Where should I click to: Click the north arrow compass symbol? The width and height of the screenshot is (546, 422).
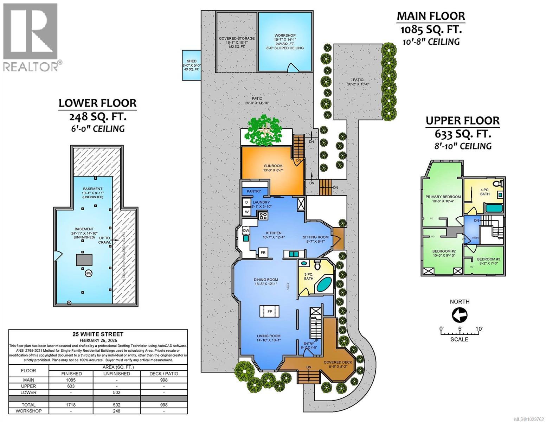[459, 315]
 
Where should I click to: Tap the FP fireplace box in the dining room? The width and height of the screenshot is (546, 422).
[270, 312]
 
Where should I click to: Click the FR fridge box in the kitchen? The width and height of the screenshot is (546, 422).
[262, 252]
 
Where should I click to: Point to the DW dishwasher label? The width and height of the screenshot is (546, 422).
[246, 231]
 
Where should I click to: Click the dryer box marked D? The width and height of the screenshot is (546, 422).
[246, 203]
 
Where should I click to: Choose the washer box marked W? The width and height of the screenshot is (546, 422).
[246, 212]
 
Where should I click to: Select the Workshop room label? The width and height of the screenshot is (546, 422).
[285, 36]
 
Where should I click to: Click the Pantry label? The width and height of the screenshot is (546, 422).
[254, 191]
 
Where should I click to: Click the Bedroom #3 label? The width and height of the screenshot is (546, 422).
[483, 258]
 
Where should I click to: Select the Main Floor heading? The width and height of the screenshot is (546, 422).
[431, 16]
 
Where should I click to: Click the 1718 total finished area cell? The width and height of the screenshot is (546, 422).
[71, 405]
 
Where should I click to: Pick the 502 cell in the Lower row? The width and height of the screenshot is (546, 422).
[116, 392]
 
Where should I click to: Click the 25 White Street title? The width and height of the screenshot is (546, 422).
[98, 334]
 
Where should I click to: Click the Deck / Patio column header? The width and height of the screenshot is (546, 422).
[163, 373]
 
